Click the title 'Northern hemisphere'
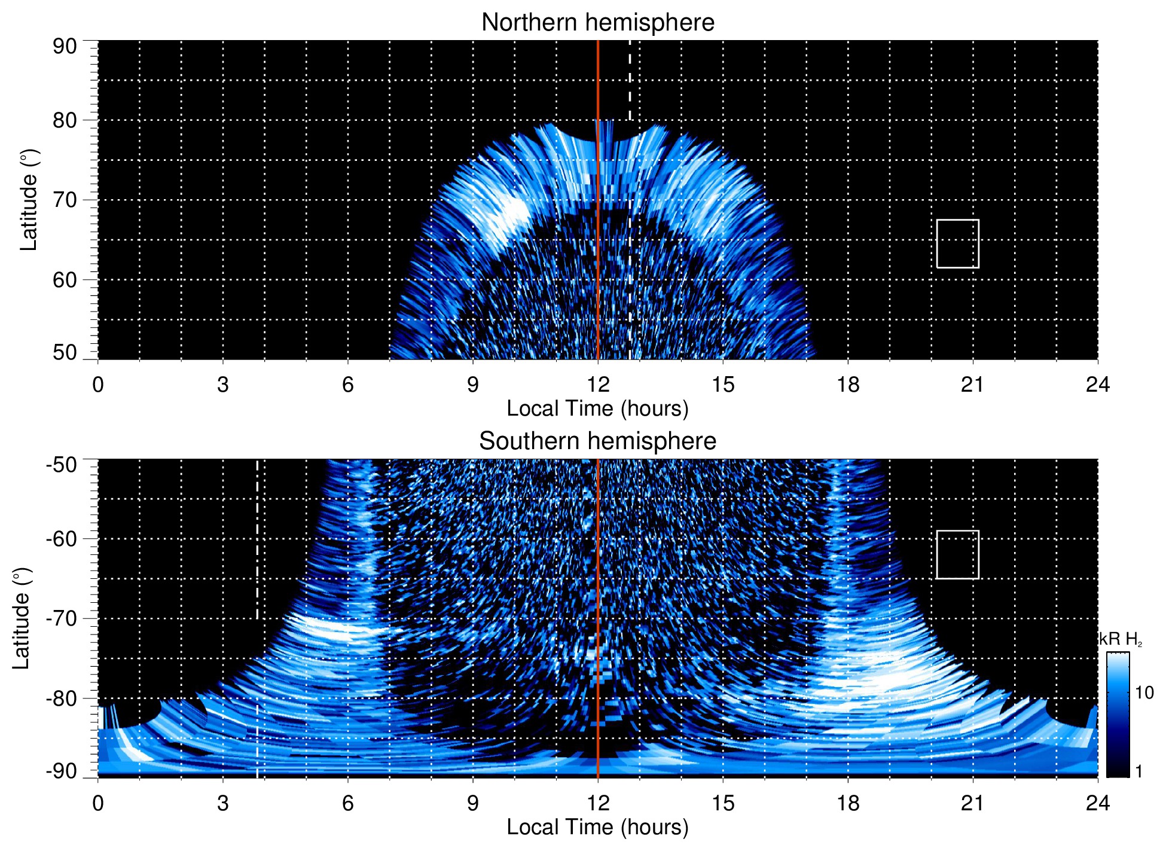pos(597,23)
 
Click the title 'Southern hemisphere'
pos(597,441)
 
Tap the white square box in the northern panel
pos(957,243)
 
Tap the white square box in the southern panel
pos(957,554)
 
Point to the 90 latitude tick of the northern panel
pos(65,46)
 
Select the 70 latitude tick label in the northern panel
pos(65,200)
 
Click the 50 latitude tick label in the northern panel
pos(65,352)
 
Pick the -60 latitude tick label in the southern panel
pos(62,538)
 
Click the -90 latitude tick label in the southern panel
pos(62,771)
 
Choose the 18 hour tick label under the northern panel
pos(847,385)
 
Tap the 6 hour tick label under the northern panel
pos(347,385)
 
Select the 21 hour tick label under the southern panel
pos(972,803)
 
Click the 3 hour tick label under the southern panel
pos(222,803)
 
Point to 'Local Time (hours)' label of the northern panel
pos(597,408)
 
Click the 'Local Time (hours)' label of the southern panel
pos(597,827)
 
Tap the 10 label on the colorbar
pos(1144,693)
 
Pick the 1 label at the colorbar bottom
pos(1138,771)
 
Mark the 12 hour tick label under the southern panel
pos(597,803)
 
